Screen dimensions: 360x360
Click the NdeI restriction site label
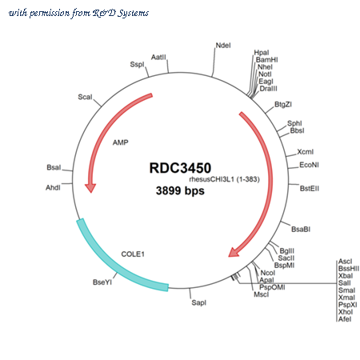pos(223,46)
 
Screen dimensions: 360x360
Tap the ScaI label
pos(85,97)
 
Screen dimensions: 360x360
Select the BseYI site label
pos(102,282)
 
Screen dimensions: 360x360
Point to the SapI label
pos(199,302)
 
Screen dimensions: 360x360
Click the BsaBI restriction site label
pos(301,230)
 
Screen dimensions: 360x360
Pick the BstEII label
pos(310,189)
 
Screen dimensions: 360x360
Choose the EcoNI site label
pos(309,165)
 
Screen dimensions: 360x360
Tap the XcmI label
pos(306,152)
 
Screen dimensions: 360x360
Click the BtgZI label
pos(283,104)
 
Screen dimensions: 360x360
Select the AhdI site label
pos(53,188)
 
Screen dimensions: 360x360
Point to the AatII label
pos(158,57)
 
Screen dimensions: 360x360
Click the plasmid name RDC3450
pos(180,168)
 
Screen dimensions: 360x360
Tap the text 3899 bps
pos(180,190)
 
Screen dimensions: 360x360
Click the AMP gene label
pos(121,142)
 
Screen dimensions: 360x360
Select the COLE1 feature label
pos(133,254)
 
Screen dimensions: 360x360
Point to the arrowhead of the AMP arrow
pos(90,188)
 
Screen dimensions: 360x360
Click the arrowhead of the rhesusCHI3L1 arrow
pos(233,253)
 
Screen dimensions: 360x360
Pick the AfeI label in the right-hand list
pos(345,319)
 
